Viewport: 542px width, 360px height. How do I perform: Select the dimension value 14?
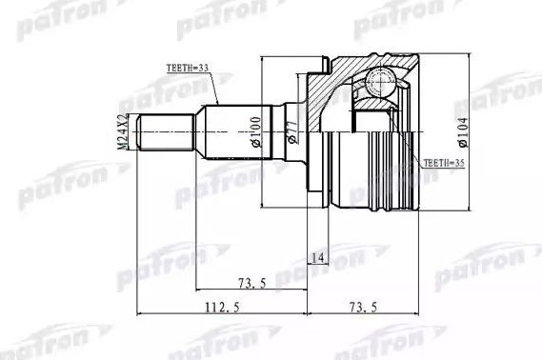[316, 257]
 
